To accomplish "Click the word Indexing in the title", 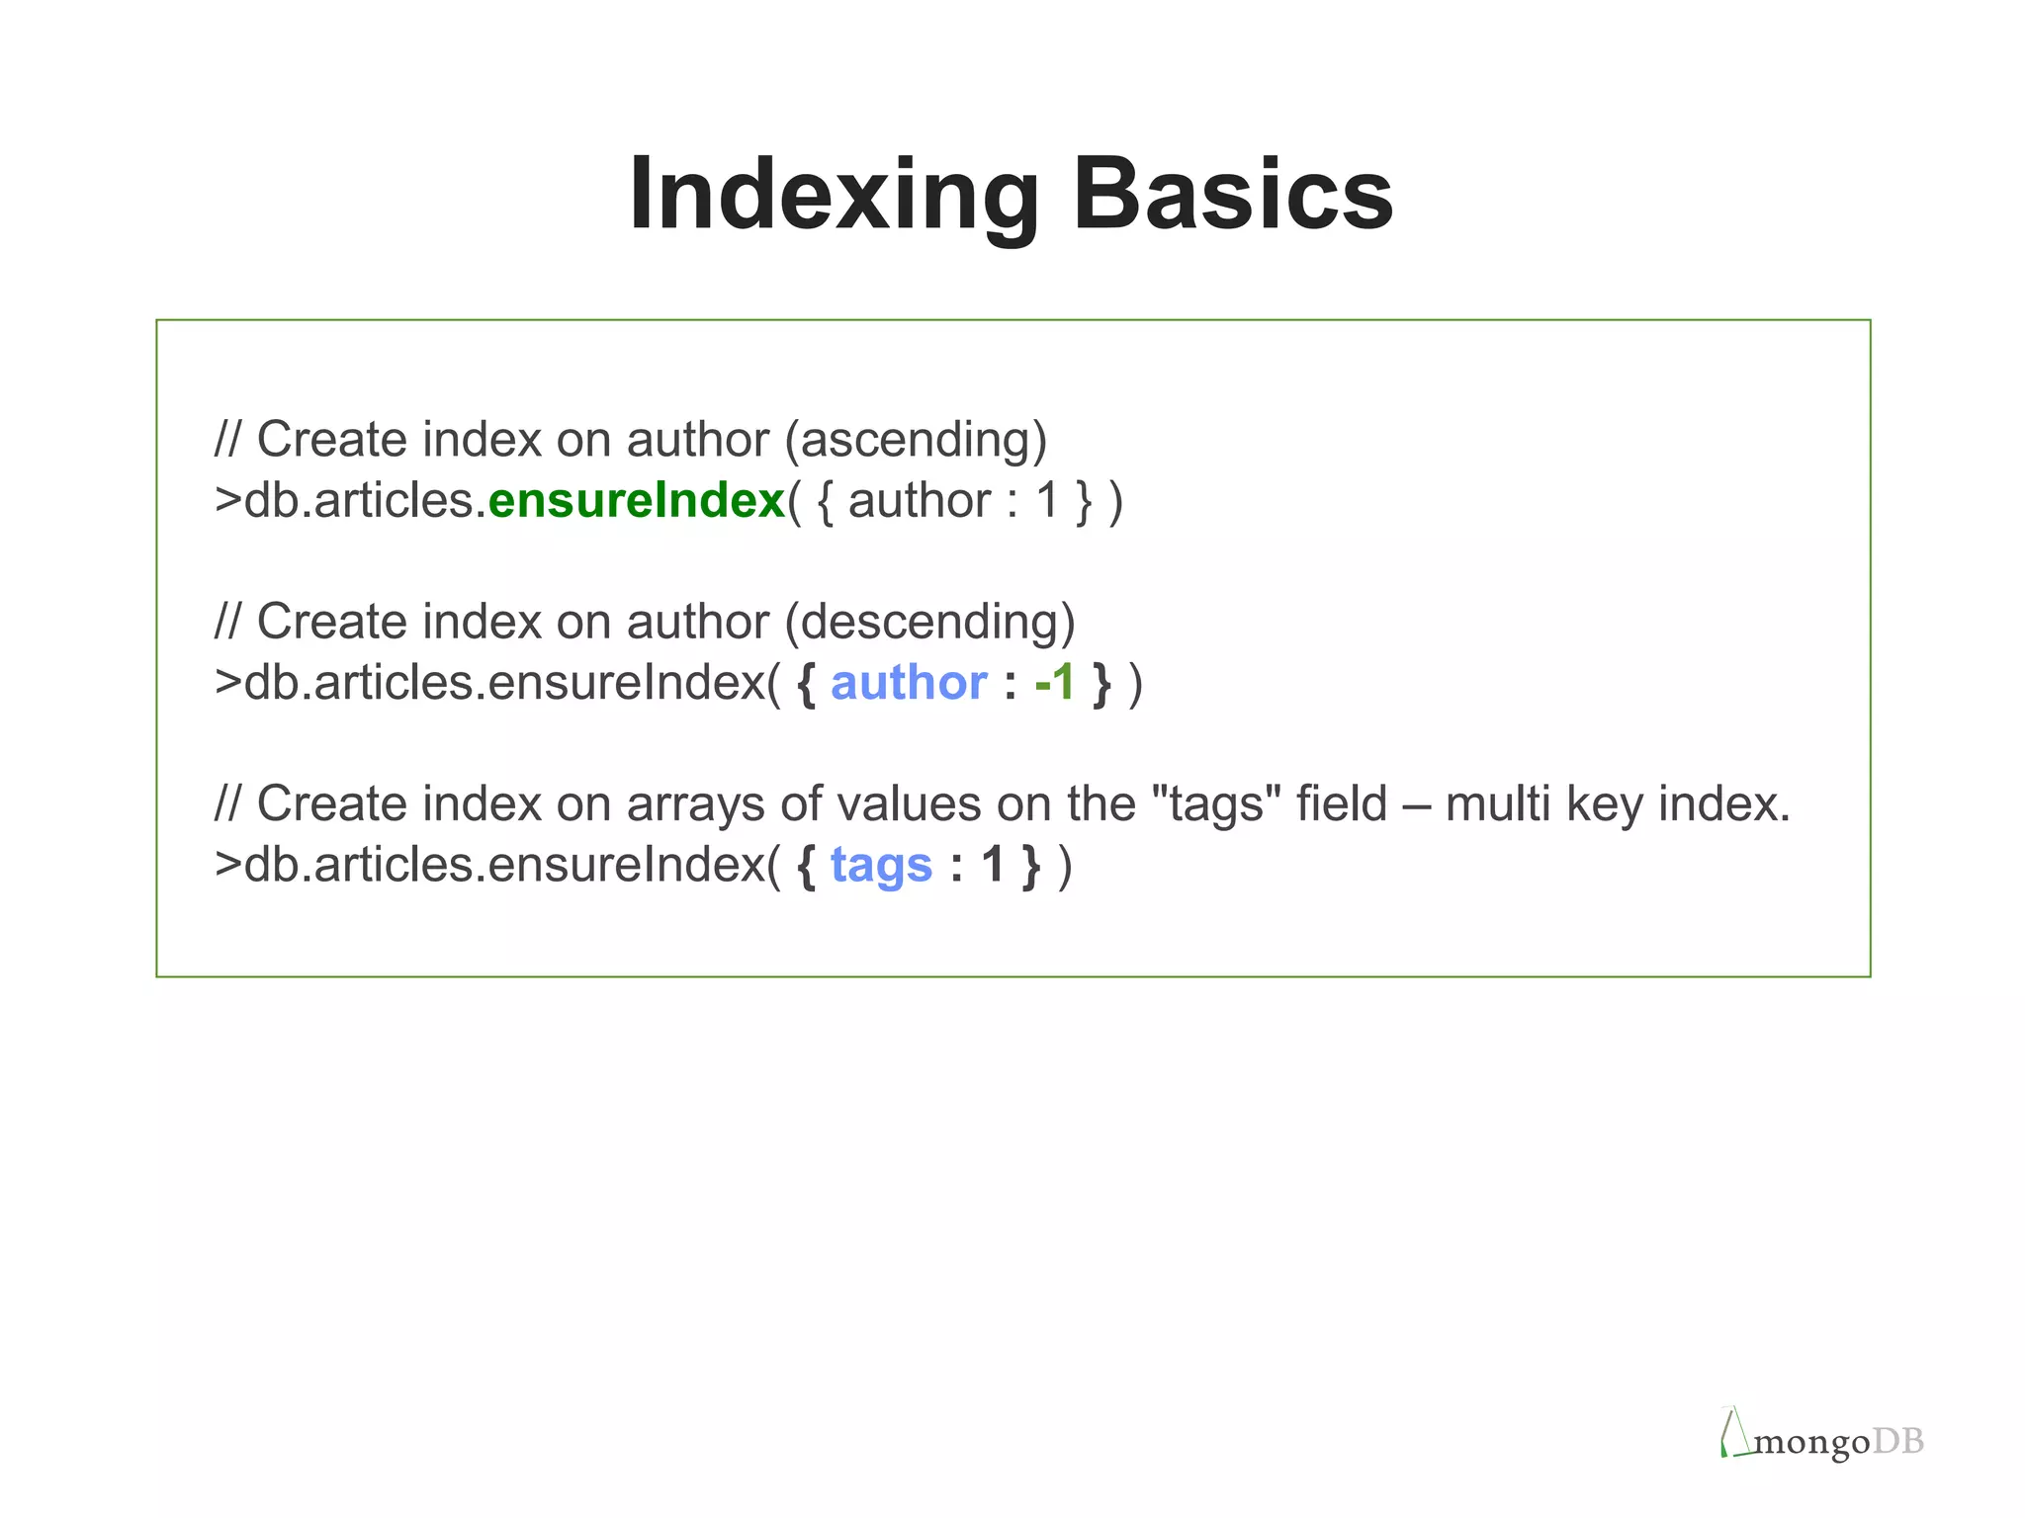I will pos(834,196).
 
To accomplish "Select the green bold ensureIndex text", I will pos(637,500).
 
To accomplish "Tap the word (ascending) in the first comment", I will pos(916,440).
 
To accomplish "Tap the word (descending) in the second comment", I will pos(929,622).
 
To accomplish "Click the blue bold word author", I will pos(909,683).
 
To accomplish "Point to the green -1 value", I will pos(1054,683).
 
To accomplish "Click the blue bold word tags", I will pos(881,866).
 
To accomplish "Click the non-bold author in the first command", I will pos(920,501).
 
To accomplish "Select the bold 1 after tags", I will pos(993,866).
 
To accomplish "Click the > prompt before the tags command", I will pos(227,866).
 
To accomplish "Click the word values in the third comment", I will pos(910,804).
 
